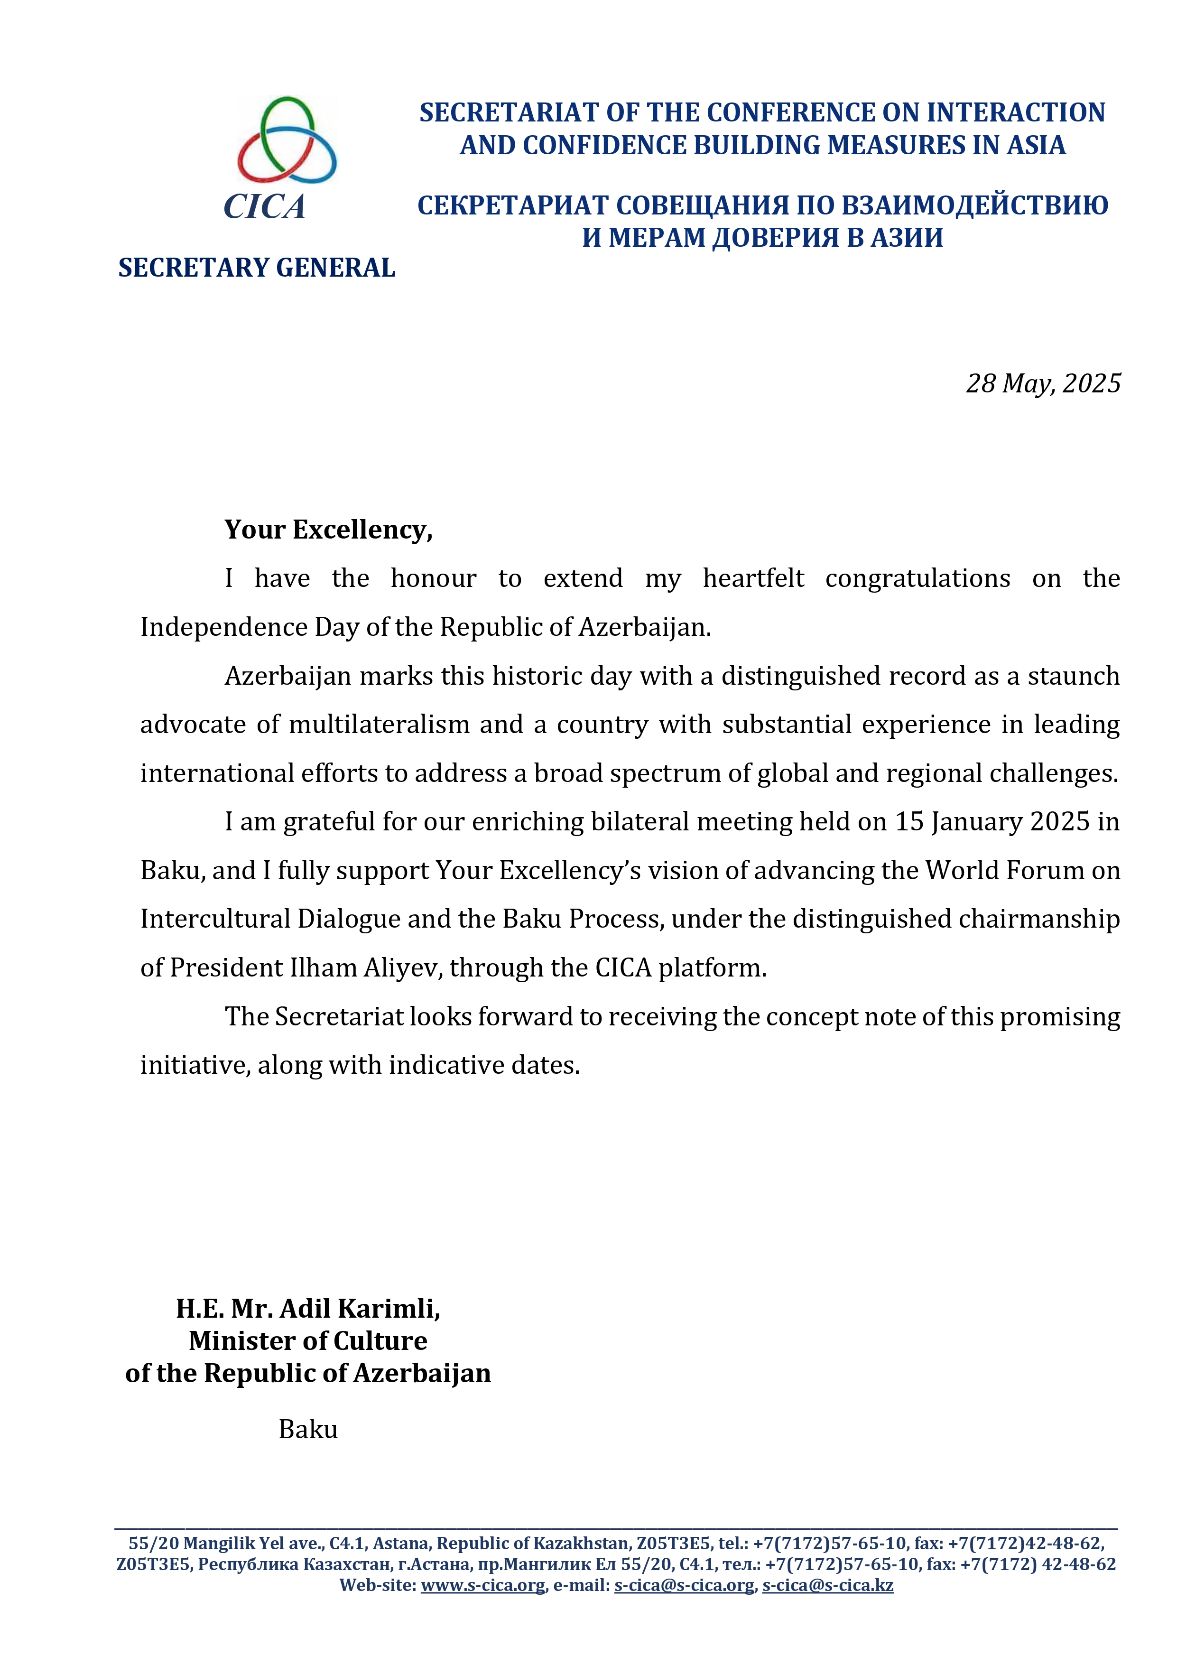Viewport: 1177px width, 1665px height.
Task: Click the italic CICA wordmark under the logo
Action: coord(265,207)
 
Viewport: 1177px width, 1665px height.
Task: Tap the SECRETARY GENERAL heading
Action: coord(257,268)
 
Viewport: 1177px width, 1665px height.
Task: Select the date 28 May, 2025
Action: coord(1043,383)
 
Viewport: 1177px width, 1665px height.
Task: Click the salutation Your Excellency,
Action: coord(328,530)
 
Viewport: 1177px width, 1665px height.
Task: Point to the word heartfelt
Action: coord(753,579)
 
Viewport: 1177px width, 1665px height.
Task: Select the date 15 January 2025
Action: coord(992,822)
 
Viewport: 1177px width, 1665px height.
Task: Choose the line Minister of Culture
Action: coord(308,1341)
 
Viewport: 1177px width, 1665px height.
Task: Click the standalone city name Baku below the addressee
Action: coord(308,1429)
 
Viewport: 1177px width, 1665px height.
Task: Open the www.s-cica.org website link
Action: coord(483,1585)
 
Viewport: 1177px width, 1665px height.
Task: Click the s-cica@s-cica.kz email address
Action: coord(827,1585)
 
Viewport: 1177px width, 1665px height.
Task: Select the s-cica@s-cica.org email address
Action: coord(684,1585)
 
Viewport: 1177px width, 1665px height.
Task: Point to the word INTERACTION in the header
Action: coord(1016,112)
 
